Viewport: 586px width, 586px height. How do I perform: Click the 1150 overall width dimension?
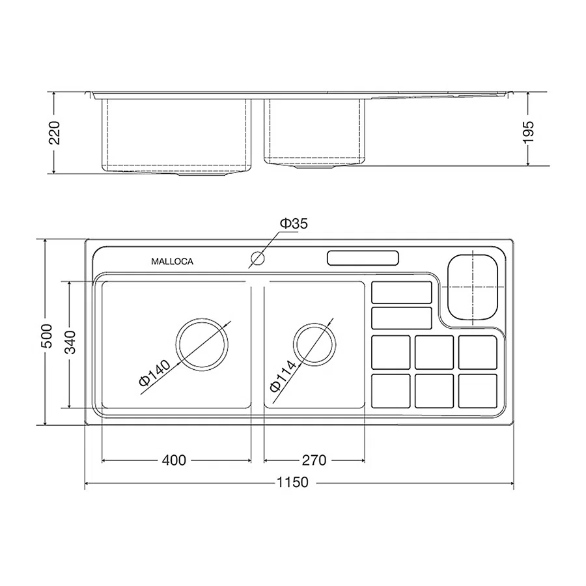click(x=292, y=482)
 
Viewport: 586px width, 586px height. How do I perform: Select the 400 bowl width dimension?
click(x=174, y=460)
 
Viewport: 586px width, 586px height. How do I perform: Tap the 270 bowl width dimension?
click(x=314, y=460)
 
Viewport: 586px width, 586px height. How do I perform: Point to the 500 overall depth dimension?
click(x=48, y=335)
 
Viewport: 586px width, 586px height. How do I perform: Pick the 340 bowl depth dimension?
click(x=70, y=342)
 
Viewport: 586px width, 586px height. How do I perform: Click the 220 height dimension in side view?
click(x=54, y=133)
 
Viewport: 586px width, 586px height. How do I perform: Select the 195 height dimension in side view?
click(x=528, y=132)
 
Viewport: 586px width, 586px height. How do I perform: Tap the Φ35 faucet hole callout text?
click(x=294, y=223)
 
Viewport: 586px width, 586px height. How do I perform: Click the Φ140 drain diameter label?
click(x=154, y=372)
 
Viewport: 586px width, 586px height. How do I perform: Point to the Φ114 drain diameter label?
click(x=283, y=376)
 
